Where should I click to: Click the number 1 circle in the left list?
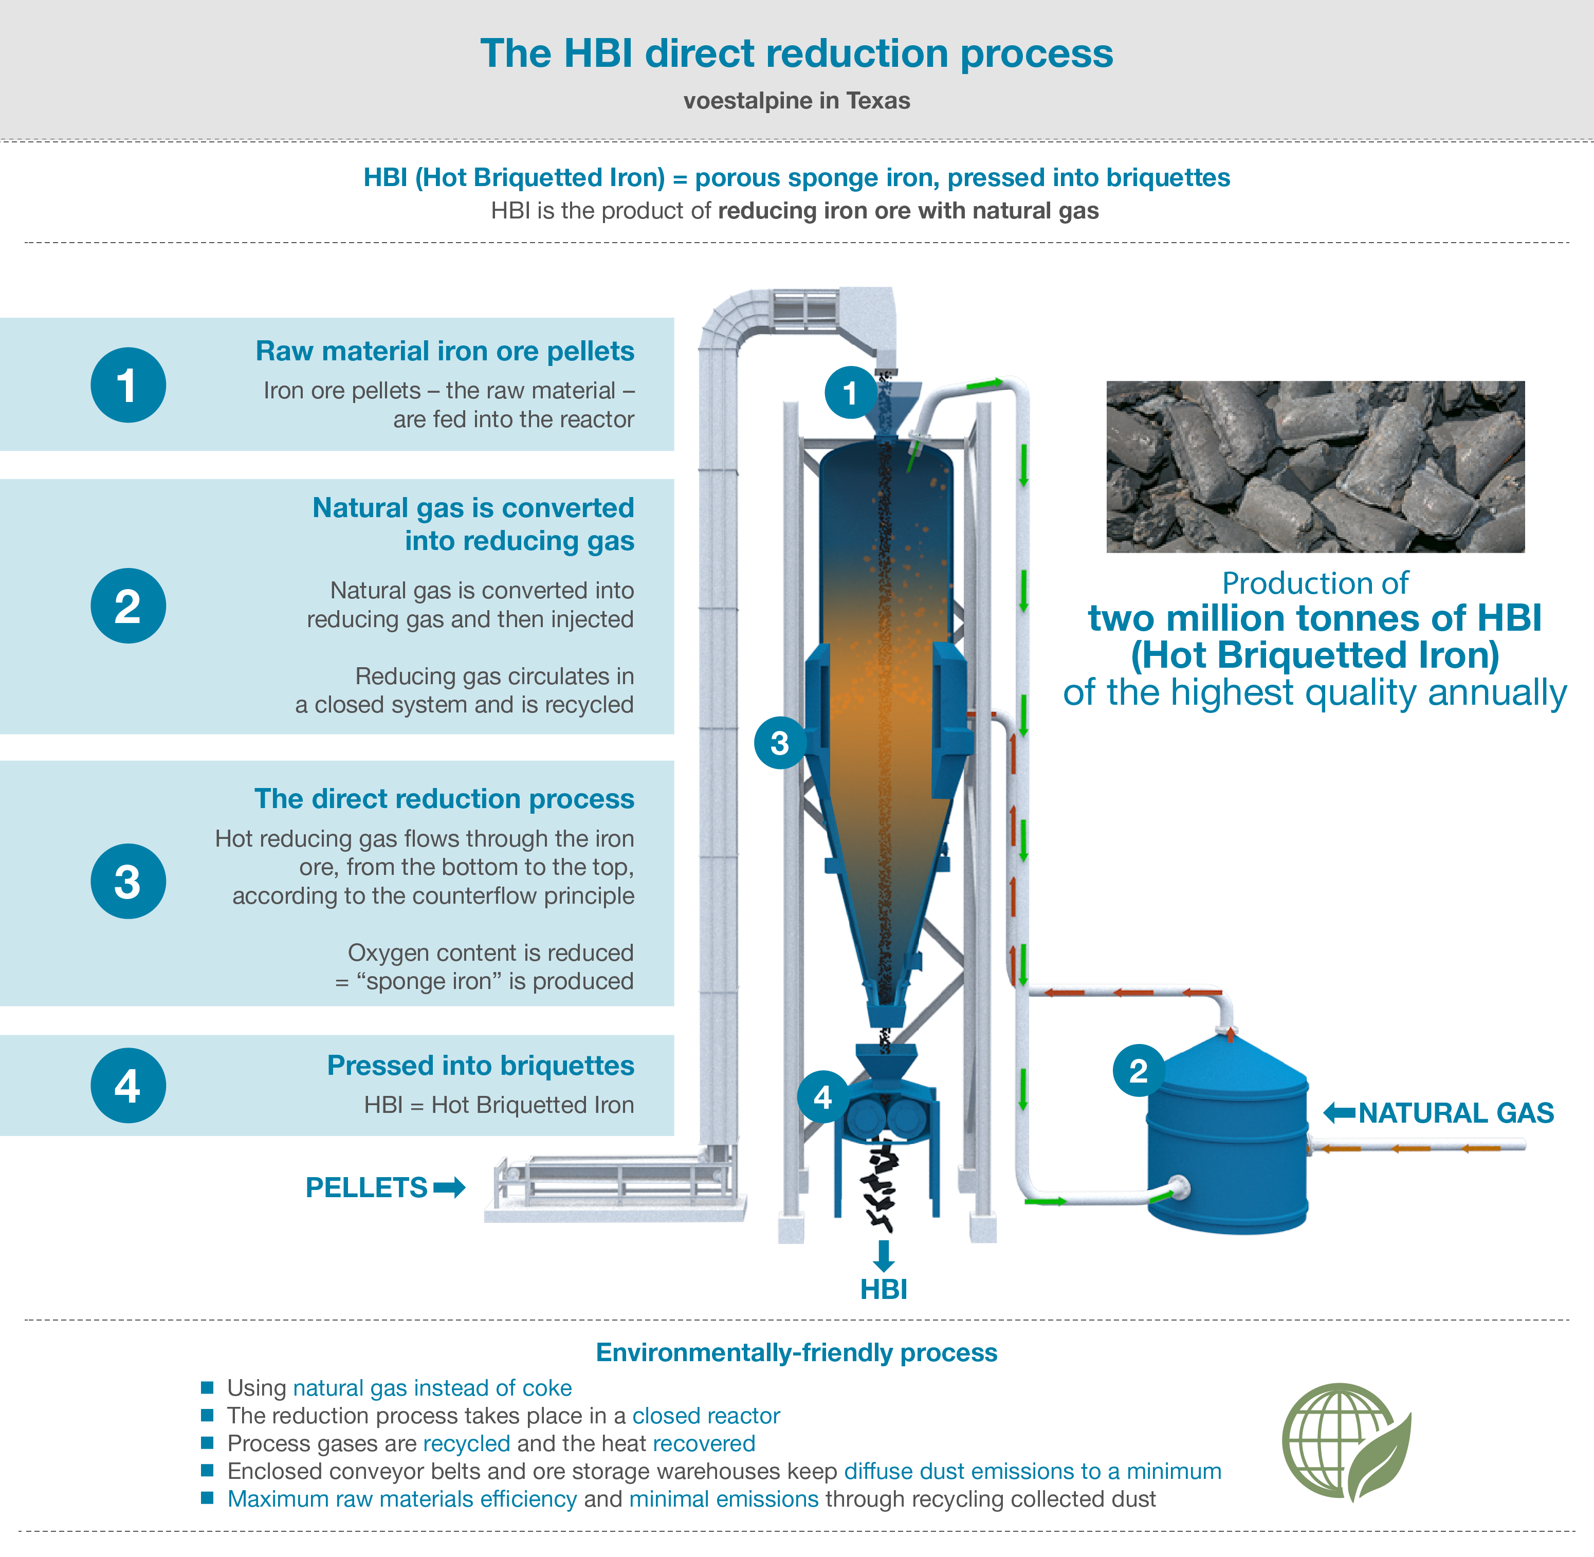pos(127,385)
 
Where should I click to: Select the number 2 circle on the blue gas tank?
pos(1138,1070)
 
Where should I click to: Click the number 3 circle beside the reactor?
pos(779,743)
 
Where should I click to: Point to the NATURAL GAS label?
pos(1455,1113)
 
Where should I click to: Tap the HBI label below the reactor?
pos(883,1290)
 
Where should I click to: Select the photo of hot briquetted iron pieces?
pos(1315,466)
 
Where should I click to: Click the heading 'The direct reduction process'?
pos(444,798)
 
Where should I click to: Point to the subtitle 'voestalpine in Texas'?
pos(797,101)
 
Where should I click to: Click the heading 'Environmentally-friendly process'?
pos(797,1352)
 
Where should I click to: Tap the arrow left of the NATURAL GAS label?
pos(1339,1112)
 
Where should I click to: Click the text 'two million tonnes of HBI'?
pos(1314,618)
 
